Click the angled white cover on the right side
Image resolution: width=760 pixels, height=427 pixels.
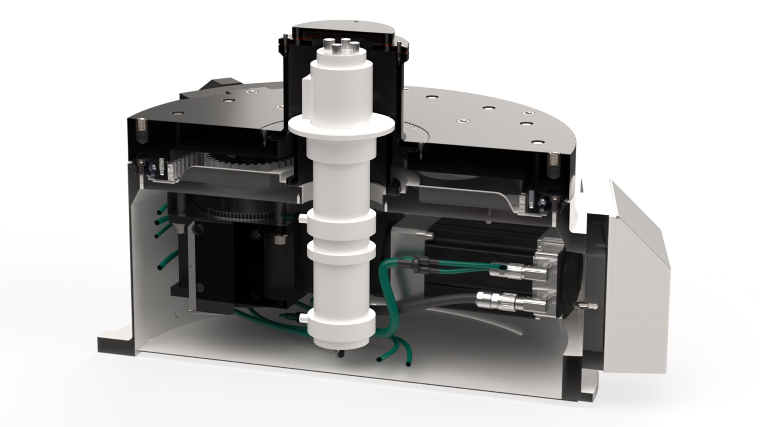[x=637, y=277]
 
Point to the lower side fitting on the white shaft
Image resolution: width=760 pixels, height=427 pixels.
[x=303, y=317]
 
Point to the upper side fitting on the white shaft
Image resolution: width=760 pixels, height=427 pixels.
[x=303, y=218]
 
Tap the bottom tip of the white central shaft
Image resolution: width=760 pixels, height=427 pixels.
[x=340, y=353]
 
